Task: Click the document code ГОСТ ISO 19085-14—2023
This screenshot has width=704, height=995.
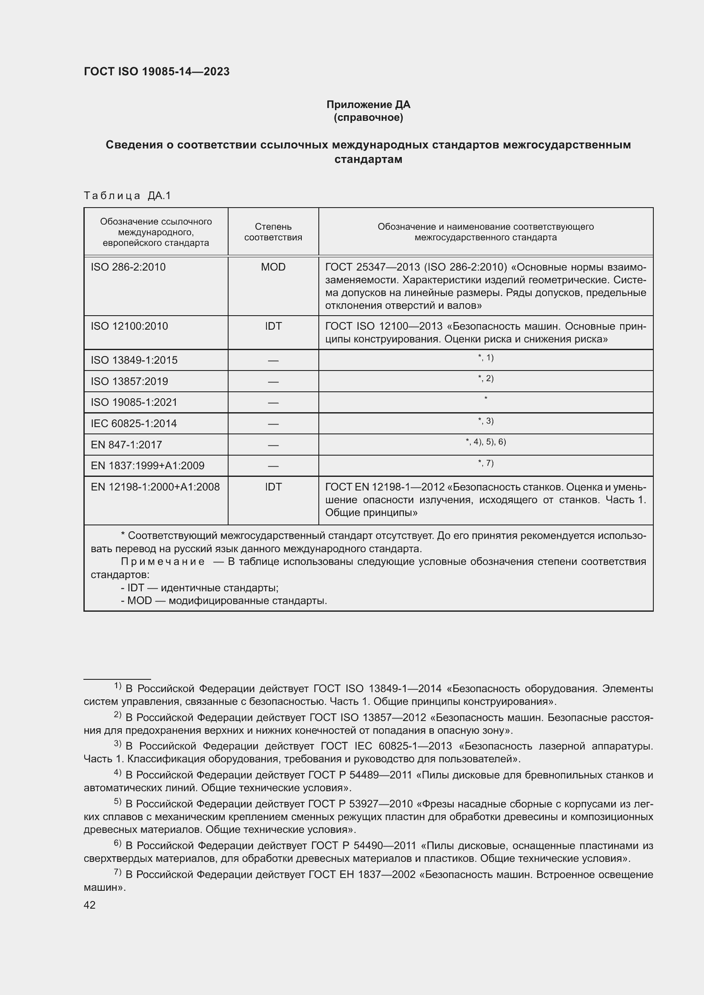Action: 157,72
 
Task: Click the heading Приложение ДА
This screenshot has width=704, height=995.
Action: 368,105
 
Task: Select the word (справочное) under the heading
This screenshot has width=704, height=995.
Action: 368,118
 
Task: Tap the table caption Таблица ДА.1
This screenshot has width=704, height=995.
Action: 127,196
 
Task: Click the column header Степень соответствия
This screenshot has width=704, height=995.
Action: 273,232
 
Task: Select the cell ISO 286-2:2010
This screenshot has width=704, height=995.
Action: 128,267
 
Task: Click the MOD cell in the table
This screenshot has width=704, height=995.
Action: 273,267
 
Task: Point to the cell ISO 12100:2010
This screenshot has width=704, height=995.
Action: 129,326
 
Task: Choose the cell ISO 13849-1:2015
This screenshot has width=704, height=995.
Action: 134,361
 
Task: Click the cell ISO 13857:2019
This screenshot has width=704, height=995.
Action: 129,382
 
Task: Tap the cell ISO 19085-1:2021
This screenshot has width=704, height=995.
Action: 134,402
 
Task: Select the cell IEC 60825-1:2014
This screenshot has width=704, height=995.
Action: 134,424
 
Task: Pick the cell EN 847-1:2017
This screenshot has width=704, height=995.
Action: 126,445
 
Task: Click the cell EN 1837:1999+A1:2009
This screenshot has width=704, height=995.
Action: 147,466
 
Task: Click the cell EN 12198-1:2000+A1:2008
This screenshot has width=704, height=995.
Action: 155,487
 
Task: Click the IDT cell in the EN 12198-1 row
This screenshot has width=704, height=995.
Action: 273,487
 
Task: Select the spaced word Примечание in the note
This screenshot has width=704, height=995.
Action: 163,562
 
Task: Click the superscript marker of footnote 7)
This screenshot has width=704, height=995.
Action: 117,872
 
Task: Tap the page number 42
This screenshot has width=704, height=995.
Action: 90,905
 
